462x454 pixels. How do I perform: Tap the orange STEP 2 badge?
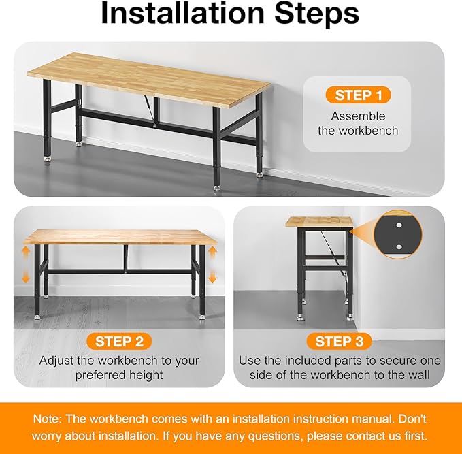click(118, 341)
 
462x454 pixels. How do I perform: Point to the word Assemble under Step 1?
click(358, 116)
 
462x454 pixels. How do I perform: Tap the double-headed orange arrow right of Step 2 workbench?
click(212, 265)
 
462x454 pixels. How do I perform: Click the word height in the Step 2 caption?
click(146, 375)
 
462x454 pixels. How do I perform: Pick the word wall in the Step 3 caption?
click(417, 375)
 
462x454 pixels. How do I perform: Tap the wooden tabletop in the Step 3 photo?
click(318, 222)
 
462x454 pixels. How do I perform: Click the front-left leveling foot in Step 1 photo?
click(48, 159)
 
